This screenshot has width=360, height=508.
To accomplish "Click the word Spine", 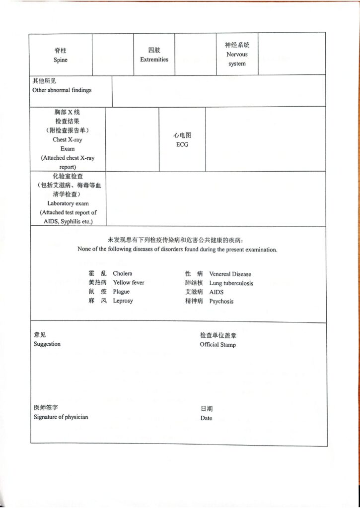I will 60,60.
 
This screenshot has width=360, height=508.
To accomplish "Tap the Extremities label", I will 154,60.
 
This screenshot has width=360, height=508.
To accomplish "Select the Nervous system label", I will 237,59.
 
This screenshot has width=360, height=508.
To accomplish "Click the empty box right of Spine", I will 113,55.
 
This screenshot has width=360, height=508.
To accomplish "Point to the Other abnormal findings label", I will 62,90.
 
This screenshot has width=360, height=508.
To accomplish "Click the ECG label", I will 182,145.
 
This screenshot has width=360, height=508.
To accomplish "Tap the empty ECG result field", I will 265,139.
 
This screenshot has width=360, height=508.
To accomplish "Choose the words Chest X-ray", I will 68,140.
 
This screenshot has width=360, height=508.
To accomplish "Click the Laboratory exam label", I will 68,203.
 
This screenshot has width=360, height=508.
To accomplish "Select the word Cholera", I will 123,273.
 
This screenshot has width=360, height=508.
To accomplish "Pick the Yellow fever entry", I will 128,283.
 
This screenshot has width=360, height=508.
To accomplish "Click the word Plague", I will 121,292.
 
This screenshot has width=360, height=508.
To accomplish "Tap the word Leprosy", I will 123,301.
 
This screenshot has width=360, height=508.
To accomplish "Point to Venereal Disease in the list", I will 230,274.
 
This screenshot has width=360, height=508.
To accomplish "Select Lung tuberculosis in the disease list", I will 231,283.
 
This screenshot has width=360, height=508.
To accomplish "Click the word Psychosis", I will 221,301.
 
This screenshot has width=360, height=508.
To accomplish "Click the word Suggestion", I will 47,344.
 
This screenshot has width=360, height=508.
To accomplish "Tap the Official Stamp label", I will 218,345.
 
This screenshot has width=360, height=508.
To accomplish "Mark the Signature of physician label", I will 61,417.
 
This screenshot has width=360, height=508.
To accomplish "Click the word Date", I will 206,418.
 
